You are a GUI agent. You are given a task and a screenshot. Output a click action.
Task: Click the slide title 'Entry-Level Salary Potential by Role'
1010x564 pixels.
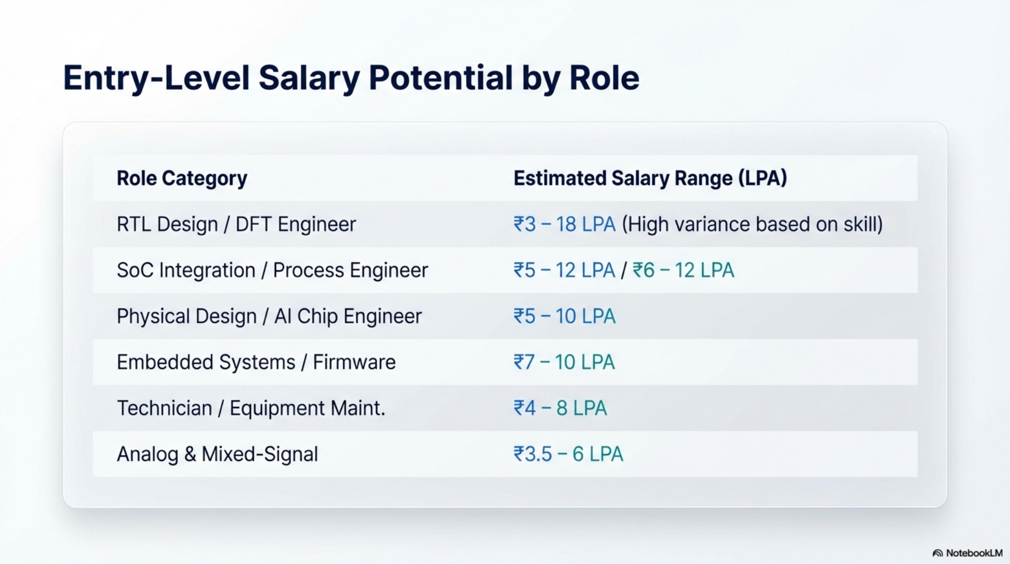pos(351,78)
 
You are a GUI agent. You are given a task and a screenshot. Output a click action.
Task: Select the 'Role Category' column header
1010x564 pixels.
pos(182,178)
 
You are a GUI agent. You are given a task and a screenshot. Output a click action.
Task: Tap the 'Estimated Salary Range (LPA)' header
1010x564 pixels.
pos(650,178)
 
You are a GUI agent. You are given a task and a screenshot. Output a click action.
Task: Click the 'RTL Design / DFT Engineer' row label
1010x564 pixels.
pos(236,225)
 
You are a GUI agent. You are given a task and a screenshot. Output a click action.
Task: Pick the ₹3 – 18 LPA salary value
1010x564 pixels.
pos(564,225)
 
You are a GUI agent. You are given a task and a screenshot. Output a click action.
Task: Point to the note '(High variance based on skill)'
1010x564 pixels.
pos(752,225)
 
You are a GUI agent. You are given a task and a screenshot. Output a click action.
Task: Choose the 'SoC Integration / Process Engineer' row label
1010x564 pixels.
pos(272,270)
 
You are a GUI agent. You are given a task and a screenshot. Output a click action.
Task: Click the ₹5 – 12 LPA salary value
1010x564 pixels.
pos(564,270)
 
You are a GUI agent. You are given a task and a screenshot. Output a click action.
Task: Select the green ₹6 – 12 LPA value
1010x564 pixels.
pos(683,270)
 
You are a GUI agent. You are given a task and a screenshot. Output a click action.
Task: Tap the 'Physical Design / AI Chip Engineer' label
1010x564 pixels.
pos(269,317)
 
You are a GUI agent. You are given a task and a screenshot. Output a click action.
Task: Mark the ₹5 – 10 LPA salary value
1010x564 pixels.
pos(564,317)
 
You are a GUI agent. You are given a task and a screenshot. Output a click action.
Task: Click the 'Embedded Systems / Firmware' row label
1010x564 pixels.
pos(256,362)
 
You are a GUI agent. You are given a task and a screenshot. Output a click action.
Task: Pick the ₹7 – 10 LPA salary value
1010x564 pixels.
pos(564,362)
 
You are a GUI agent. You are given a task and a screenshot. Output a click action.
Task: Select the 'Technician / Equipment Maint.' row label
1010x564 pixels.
pos(251,409)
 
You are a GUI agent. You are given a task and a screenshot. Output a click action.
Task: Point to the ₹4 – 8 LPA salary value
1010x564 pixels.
pos(560,409)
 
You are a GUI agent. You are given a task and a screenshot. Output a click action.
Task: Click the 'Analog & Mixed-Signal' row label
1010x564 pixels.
pos(217,454)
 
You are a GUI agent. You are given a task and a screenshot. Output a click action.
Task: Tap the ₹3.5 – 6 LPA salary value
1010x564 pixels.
pos(568,454)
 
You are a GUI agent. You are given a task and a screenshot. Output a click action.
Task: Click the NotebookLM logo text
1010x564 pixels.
pos(974,553)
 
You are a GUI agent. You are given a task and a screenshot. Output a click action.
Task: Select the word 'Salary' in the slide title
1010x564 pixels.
pos(309,78)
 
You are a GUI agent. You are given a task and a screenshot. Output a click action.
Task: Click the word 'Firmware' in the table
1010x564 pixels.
pos(354,362)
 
